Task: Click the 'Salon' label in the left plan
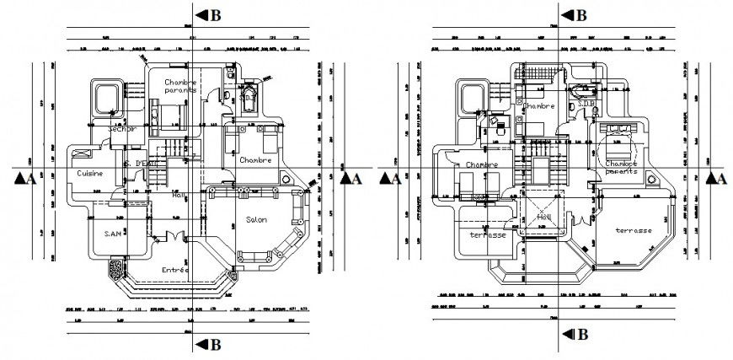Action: [x=256, y=220]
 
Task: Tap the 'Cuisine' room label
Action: [x=91, y=173]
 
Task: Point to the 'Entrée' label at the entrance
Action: [x=174, y=270]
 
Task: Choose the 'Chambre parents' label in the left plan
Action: [x=180, y=86]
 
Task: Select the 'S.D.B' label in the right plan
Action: [x=586, y=105]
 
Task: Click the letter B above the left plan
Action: [x=216, y=15]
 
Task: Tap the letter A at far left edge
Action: [x=30, y=178]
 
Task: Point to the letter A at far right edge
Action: [x=721, y=178]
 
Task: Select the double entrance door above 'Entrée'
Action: [x=174, y=239]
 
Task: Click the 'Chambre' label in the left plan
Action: [x=254, y=159]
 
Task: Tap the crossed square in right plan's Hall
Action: [x=543, y=215]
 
